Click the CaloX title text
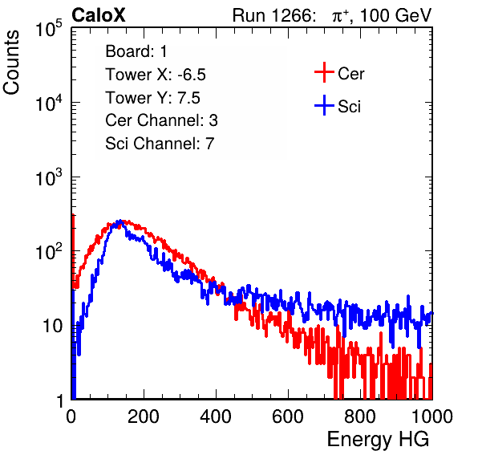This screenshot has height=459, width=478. click(99, 15)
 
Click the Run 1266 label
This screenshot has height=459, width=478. click(273, 15)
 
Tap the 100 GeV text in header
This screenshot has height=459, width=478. click(396, 15)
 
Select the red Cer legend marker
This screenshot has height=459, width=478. click(324, 72)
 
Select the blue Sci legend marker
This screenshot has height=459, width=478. click(324, 105)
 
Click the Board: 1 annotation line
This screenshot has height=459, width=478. click(136, 51)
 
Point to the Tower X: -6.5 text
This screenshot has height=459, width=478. click(156, 75)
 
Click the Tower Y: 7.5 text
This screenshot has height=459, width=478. click(152, 98)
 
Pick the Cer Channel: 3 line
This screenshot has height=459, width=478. click(161, 120)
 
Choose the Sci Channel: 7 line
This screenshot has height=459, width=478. click(160, 144)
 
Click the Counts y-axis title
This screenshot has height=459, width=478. click(11, 63)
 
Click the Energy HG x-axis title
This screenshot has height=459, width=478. click(378, 440)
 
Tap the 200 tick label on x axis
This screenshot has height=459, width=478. click(144, 416)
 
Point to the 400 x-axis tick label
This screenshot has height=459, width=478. click(216, 416)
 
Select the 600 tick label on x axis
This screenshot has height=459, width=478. click(288, 416)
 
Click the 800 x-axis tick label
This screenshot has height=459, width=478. click(360, 416)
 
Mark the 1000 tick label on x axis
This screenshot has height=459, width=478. click(432, 416)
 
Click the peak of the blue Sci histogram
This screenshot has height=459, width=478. click(120, 221)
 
